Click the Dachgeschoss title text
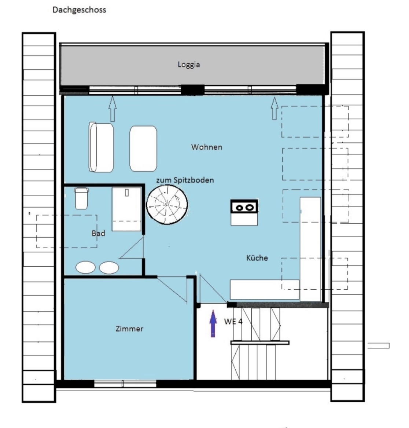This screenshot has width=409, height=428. pos(79,10)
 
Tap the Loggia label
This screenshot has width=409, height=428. pos(189,65)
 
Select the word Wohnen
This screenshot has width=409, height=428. pos(207,147)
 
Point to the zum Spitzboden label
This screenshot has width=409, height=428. pos(185,180)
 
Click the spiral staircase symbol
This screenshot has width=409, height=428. pos(167,205)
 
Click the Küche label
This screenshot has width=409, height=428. pos(257,258)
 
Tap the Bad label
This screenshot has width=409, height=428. pos(98,233)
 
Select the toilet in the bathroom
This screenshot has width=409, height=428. pos(81,198)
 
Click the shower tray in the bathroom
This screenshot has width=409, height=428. pos(126,209)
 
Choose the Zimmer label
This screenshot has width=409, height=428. pos(129,329)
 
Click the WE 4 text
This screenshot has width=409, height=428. pos(233,322)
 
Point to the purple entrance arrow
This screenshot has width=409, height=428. pos(213,323)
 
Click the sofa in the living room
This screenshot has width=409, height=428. pos(101,147)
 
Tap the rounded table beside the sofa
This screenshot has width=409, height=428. pos(143,149)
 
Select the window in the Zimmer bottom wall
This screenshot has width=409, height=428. pos(125,384)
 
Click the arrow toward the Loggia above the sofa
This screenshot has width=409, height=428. pos(113,109)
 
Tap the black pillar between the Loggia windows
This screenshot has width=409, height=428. pos(193,90)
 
